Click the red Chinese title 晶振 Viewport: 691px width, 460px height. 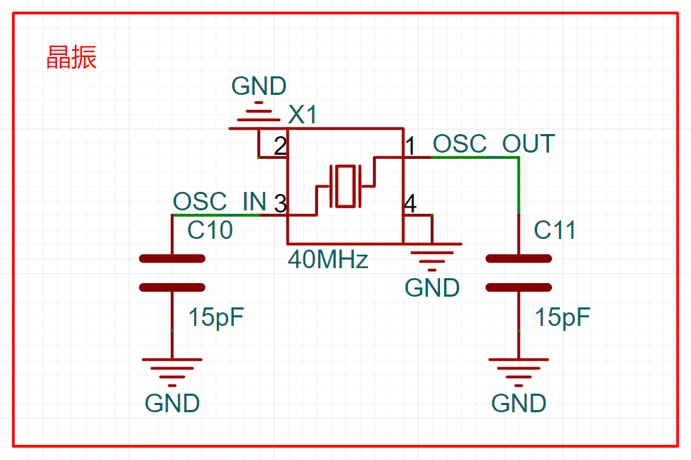point(71,57)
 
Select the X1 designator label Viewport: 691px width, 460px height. point(302,115)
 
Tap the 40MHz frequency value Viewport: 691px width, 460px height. point(328,259)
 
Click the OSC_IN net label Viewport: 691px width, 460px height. point(220,201)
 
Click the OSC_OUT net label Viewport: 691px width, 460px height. point(493,143)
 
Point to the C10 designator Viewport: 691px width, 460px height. point(210,230)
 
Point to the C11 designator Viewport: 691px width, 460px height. point(555,230)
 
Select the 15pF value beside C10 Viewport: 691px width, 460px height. point(216,317)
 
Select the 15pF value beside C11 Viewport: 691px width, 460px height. point(563,317)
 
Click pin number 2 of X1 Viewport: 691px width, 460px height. point(280,145)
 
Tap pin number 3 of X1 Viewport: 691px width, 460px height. point(280,203)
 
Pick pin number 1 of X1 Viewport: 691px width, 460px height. point(410,145)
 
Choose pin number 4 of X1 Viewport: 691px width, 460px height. point(410,203)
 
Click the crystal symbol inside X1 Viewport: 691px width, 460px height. point(345,186)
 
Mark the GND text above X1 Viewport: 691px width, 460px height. point(259,86)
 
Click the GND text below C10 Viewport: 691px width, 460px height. point(172,403)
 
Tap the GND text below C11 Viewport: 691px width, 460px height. point(518,403)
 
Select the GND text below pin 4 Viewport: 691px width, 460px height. point(432,287)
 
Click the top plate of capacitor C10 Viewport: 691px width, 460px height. point(172,259)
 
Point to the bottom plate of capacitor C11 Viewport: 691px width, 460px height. point(518,287)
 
